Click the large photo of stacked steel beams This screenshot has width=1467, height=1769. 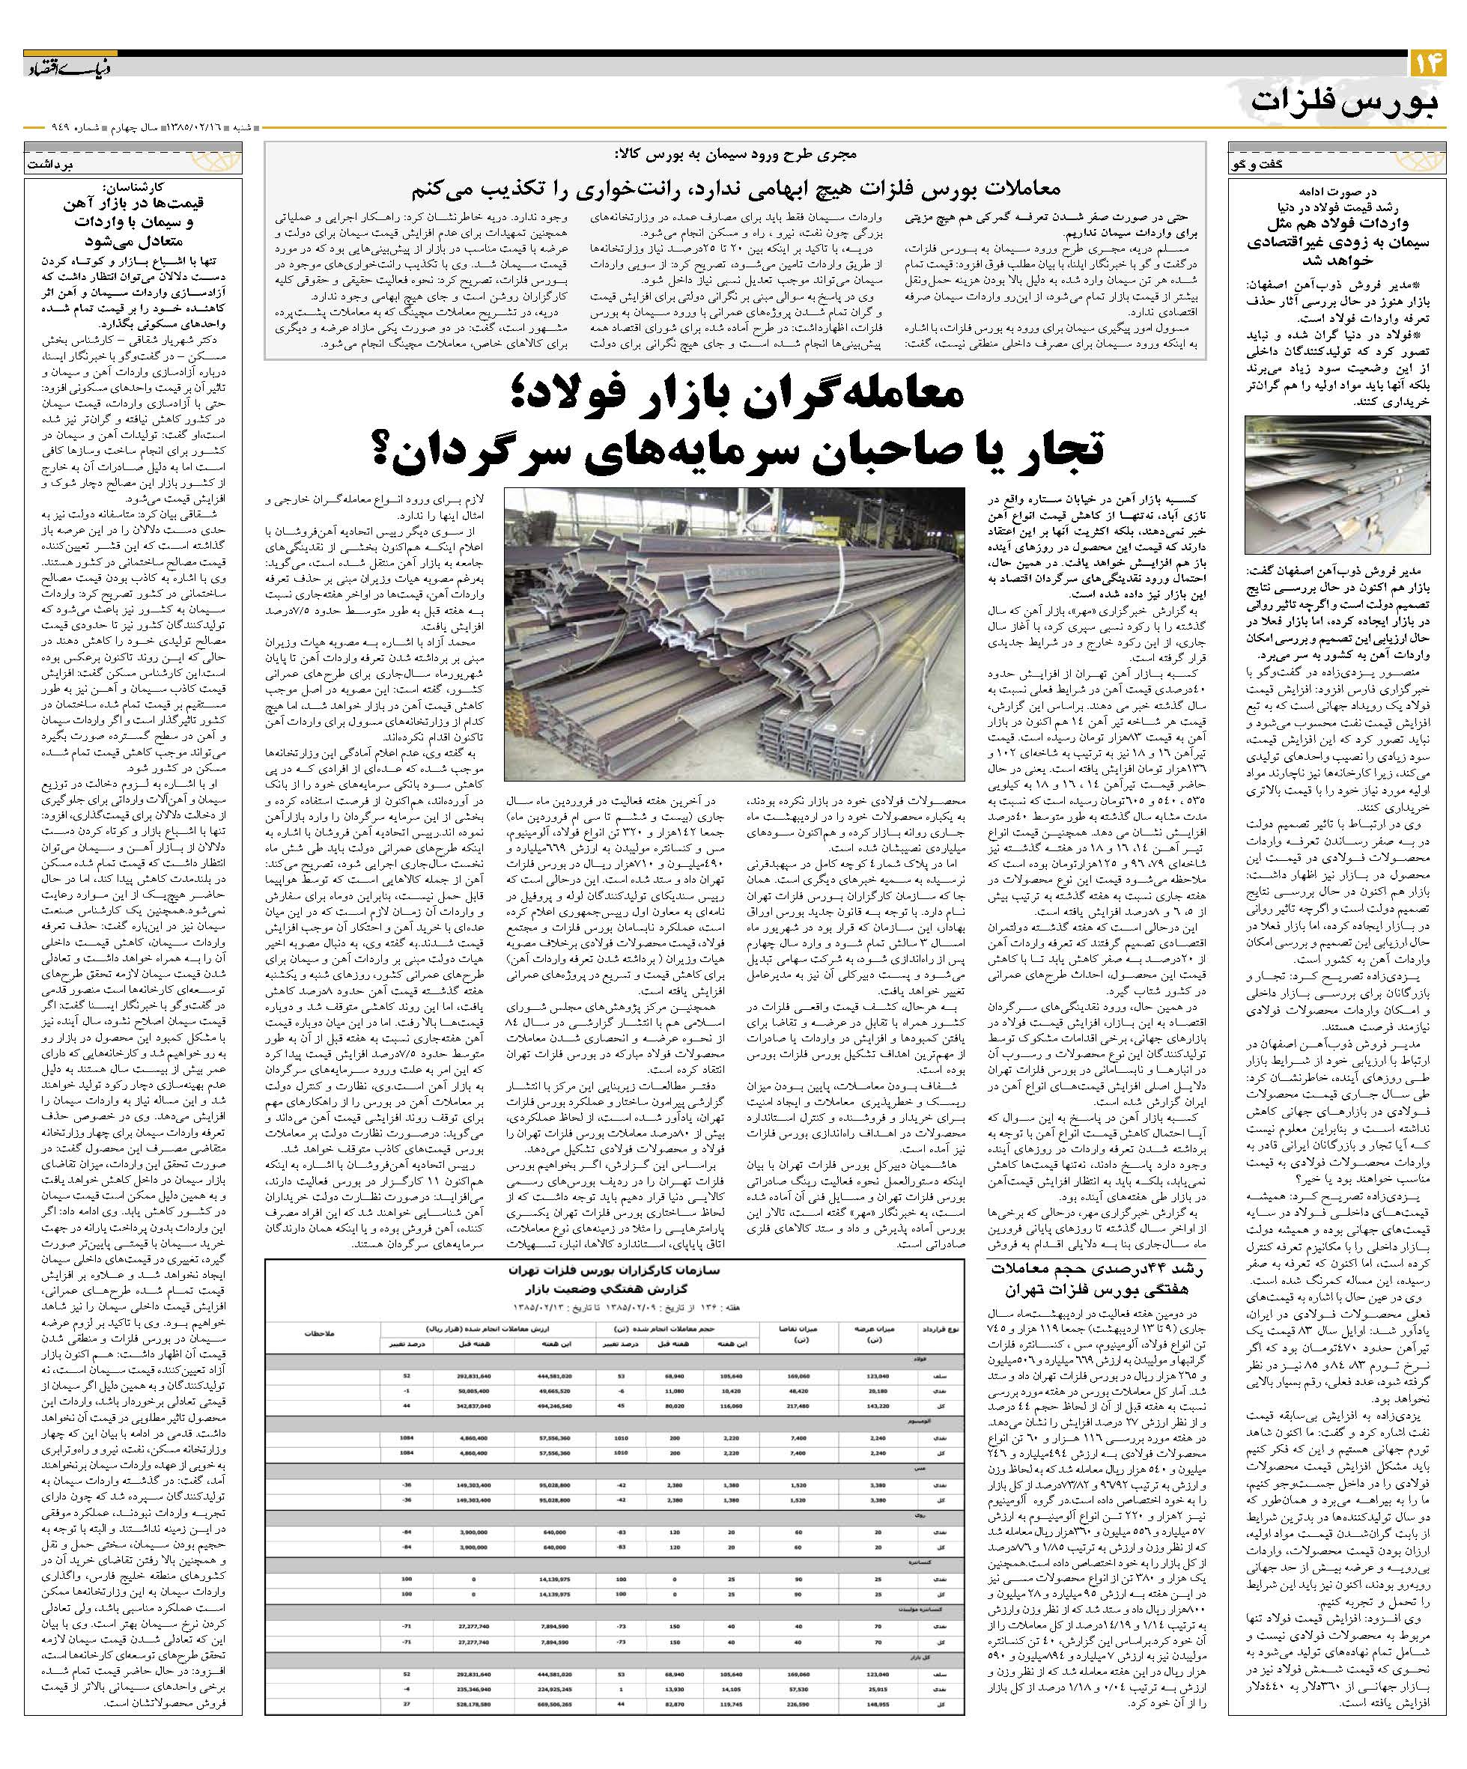point(733,633)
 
